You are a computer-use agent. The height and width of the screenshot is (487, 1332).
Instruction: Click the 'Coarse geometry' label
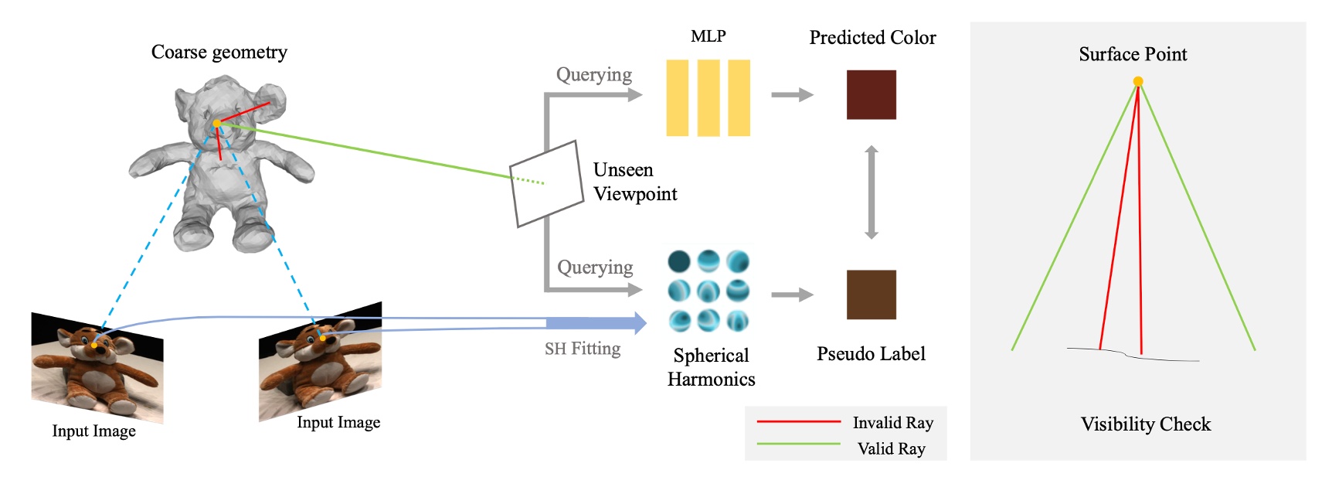(219, 53)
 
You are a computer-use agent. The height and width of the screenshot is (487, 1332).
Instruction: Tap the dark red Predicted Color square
(871, 95)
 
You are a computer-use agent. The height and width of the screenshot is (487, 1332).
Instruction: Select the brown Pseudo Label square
(871, 295)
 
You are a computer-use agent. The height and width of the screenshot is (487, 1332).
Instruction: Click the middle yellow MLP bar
(708, 98)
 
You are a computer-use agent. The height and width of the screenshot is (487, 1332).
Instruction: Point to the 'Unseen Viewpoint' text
(634, 182)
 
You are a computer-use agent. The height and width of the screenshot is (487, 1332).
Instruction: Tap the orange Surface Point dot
(1137, 81)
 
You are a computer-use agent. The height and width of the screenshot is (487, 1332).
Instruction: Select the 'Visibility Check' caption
(1145, 424)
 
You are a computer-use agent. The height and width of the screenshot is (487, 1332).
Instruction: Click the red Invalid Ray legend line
(798, 422)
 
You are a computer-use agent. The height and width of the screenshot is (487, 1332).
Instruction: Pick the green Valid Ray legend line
(798, 444)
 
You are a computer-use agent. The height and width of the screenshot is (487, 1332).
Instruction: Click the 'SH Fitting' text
(582, 349)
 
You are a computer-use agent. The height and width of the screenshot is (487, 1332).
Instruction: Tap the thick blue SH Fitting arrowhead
(637, 323)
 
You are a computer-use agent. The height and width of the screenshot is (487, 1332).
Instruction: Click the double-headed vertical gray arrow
(871, 192)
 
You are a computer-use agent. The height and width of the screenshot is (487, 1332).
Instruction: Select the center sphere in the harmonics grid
(708, 291)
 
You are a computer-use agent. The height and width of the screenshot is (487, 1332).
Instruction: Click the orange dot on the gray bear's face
(217, 123)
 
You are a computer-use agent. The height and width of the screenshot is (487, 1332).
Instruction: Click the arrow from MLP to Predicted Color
(792, 95)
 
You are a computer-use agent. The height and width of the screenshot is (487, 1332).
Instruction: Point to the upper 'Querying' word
(593, 75)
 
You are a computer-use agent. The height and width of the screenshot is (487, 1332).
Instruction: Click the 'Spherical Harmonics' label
(711, 367)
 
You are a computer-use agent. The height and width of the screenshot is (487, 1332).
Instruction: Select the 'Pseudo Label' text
(871, 354)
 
